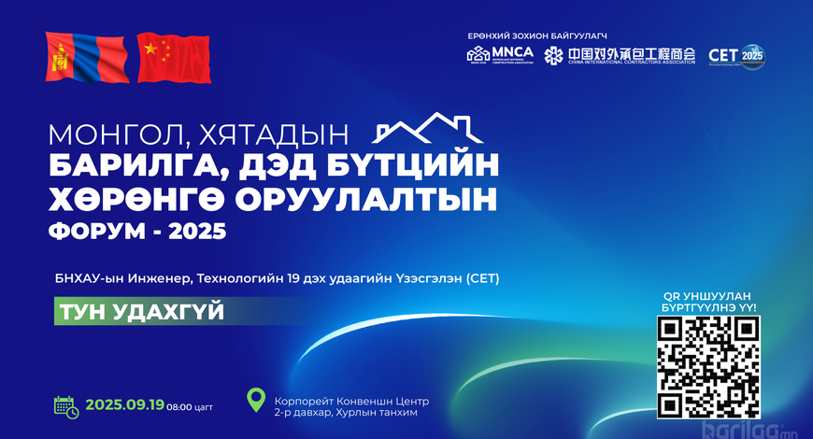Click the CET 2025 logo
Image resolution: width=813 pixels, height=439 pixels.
[x=736, y=55]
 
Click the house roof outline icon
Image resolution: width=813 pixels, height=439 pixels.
[x=421, y=130]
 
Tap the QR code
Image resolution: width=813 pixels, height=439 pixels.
[x=708, y=366]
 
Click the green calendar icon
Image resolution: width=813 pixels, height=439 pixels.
[x=65, y=405]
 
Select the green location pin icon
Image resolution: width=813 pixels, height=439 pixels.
[x=255, y=401]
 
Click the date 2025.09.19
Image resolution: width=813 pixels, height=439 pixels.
[x=125, y=405]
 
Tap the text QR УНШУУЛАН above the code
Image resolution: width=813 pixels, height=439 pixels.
[x=708, y=295]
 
